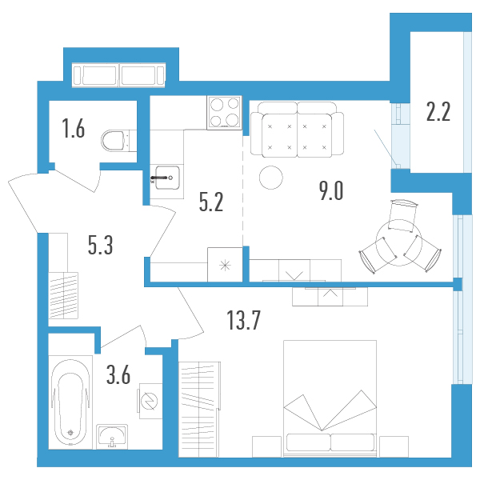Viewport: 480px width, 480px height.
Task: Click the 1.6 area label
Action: click(74, 129)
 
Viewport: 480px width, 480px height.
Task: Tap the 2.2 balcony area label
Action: click(438, 112)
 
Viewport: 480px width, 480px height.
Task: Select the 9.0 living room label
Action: click(331, 190)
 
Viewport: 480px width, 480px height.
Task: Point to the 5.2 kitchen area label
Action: click(211, 202)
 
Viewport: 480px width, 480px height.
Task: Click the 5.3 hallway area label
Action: click(101, 245)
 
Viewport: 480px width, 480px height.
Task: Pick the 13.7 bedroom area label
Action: click(244, 320)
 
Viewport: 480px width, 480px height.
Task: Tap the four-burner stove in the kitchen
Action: click(224, 113)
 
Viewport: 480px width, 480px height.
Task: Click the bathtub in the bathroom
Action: click(70, 402)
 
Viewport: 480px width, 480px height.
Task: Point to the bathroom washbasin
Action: click(112, 437)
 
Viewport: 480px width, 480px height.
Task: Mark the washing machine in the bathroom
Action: click(150, 401)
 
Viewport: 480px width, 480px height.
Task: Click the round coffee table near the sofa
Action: click(271, 178)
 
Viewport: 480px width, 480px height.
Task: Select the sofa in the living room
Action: click(297, 130)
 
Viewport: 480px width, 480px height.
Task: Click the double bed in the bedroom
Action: click(330, 398)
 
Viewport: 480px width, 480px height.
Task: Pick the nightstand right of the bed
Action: click(394, 446)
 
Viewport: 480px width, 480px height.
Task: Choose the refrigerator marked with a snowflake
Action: click(225, 265)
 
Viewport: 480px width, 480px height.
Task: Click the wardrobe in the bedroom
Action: click(199, 410)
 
